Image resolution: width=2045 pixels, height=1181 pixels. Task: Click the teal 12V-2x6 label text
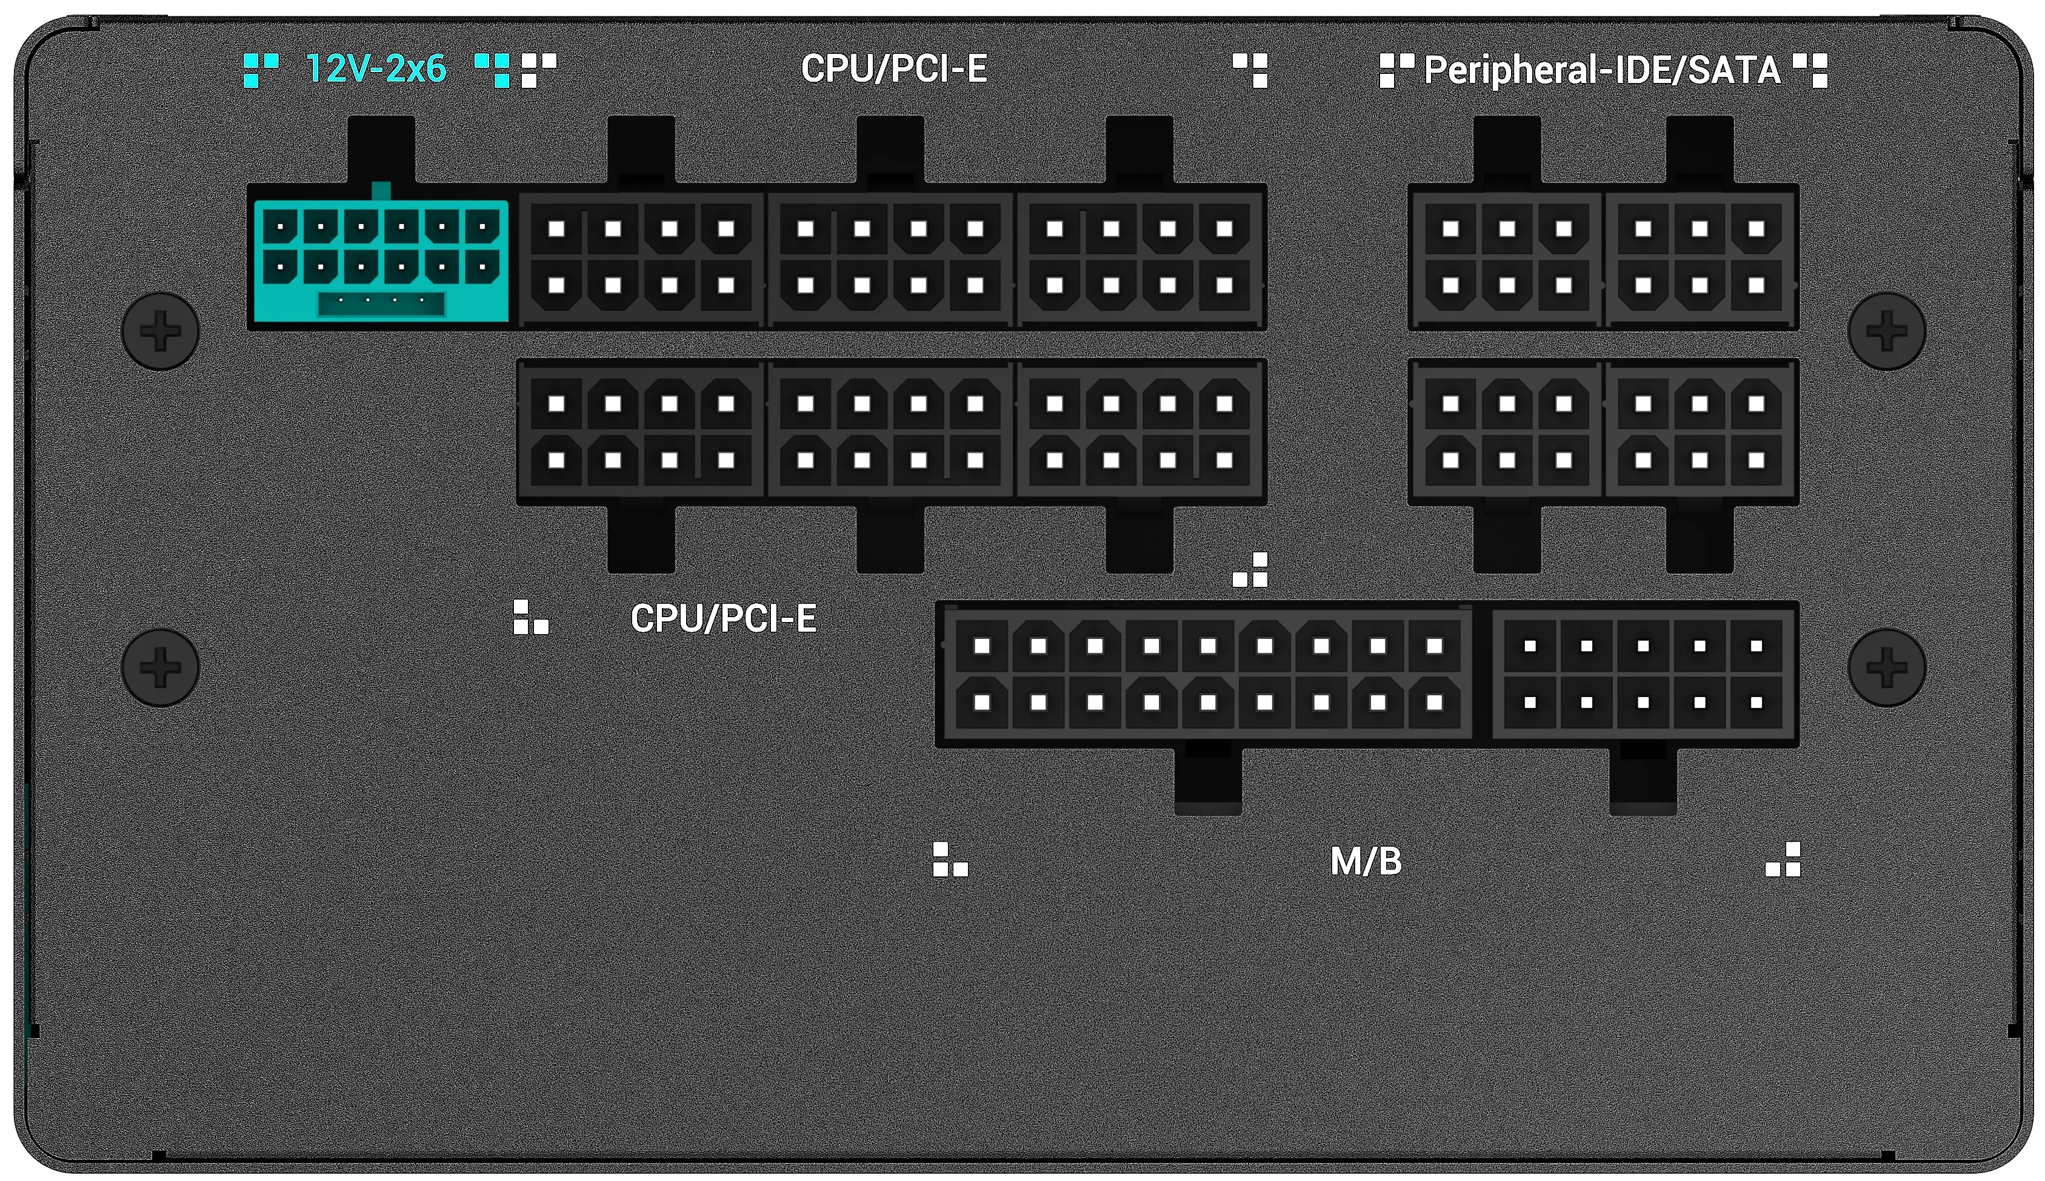[x=376, y=69]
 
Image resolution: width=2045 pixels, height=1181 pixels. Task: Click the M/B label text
[x=1366, y=861]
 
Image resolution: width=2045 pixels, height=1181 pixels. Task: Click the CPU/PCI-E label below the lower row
[x=723, y=619]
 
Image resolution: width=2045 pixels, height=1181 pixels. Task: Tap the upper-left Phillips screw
[x=160, y=331]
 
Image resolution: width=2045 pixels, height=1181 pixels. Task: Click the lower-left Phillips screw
[x=160, y=667]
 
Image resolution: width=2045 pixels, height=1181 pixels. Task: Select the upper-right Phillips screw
[x=1887, y=331]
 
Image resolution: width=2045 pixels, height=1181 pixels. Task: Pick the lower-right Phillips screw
[x=1887, y=667]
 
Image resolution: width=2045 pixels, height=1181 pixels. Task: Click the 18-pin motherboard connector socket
[x=1205, y=674]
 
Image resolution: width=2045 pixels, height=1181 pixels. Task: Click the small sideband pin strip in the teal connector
[x=381, y=303]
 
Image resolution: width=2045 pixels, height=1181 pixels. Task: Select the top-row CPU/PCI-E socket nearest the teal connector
[x=641, y=257]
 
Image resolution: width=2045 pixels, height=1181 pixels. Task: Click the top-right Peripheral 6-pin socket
[x=1701, y=257]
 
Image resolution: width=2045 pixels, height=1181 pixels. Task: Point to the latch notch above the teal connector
[x=381, y=151]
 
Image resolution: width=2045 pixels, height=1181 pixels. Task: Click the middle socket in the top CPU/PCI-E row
[x=890, y=257]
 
